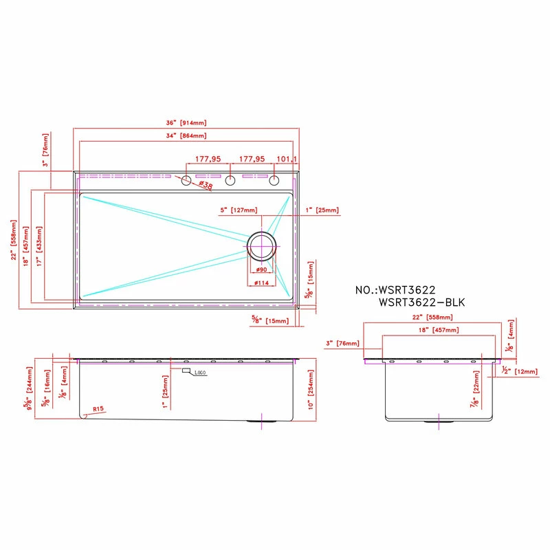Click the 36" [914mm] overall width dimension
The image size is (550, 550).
(186, 123)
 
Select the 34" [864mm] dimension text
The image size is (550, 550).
(186, 136)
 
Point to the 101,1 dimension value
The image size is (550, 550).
(286, 159)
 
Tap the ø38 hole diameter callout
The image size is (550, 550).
(205, 186)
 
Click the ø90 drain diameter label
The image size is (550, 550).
(261, 269)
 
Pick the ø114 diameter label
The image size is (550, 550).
(261, 283)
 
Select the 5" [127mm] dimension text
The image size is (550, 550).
(238, 210)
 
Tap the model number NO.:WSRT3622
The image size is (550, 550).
(396, 290)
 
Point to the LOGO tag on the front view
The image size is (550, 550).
(199, 373)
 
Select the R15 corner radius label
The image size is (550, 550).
(98, 410)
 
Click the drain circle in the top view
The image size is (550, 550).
(261, 245)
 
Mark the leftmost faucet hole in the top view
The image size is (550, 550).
(186, 181)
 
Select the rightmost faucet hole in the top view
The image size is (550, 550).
(274, 181)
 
